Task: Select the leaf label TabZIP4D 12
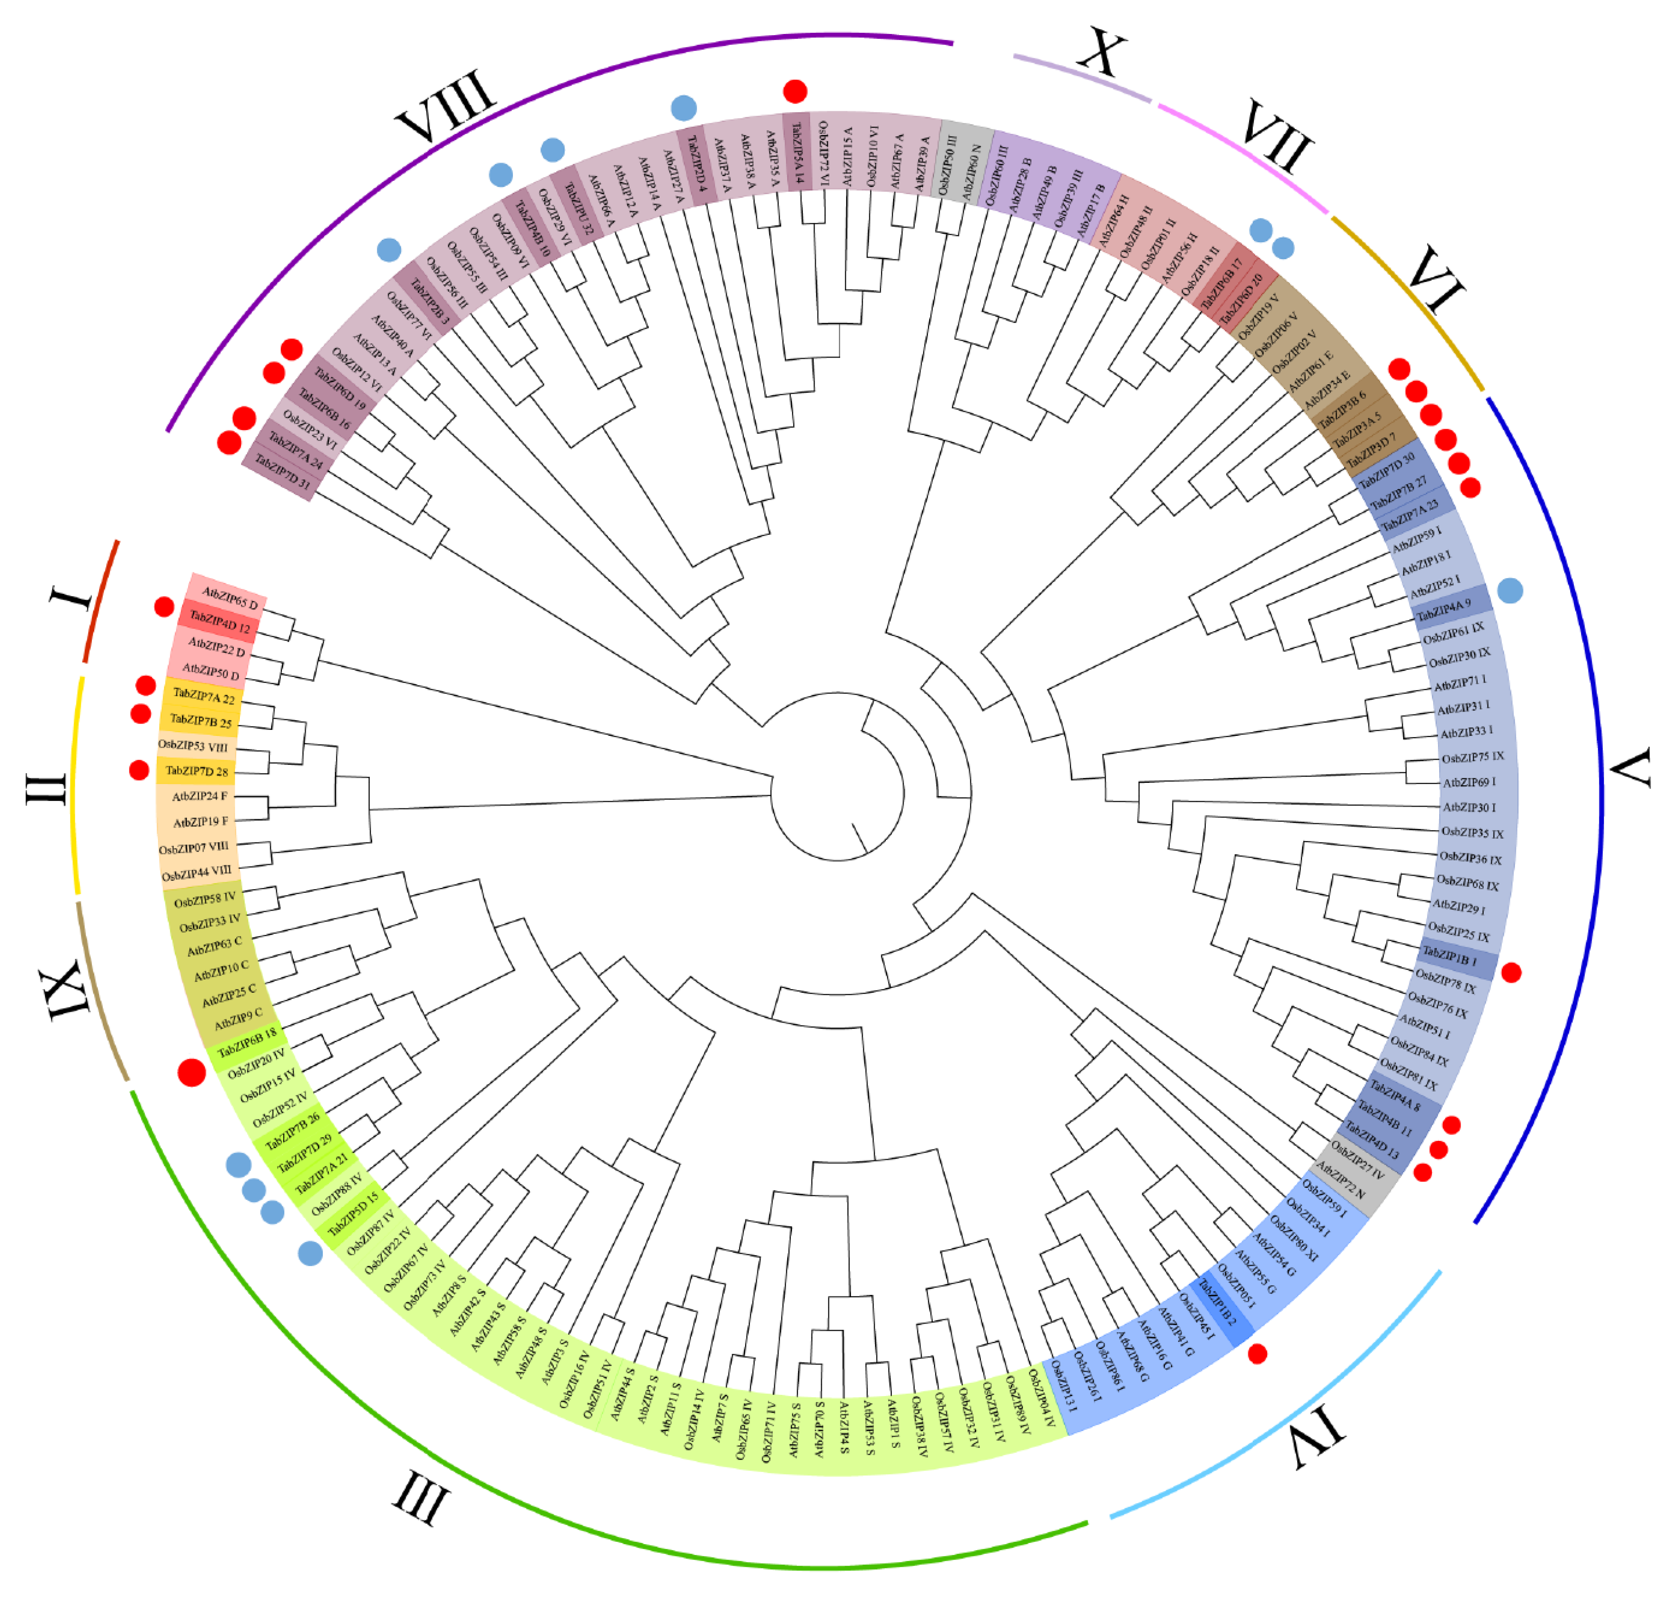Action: coord(220,622)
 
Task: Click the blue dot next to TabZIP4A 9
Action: coord(1510,590)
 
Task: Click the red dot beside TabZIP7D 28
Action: coord(139,770)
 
